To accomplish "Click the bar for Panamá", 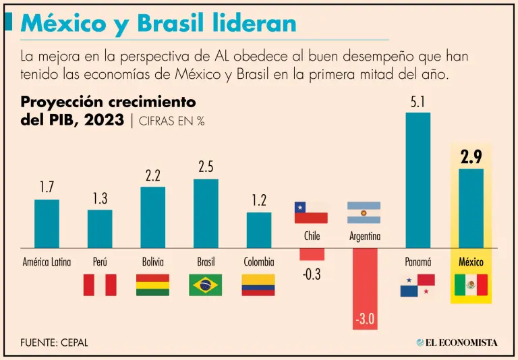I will click(418, 180).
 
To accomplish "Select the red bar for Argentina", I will click(365, 289).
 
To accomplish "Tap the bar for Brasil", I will click(206, 214).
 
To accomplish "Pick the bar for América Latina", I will click(47, 224).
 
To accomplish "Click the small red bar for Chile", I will click(312, 254).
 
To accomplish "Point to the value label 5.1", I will click(418, 102).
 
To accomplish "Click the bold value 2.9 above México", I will click(471, 158).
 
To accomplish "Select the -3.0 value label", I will click(365, 319).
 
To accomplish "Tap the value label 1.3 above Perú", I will click(100, 199).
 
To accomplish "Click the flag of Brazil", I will click(206, 284).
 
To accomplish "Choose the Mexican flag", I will click(471, 284).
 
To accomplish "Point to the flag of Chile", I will click(311, 212).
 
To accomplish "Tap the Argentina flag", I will click(364, 212).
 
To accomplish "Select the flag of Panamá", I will click(418, 285).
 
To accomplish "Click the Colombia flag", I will click(258, 284).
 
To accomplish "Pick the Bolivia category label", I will click(152, 262).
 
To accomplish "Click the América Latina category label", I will click(47, 262).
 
